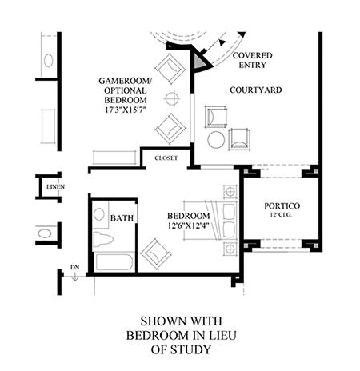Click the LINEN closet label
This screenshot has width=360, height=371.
tap(55, 187)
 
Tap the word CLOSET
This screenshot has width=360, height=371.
tap(166, 158)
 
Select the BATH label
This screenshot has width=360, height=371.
tap(122, 218)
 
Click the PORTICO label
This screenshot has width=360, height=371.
tap(282, 205)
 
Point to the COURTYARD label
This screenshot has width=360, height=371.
tap(256, 90)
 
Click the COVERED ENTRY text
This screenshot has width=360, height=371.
tap(252, 60)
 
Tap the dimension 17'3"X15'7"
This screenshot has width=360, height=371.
tap(126, 110)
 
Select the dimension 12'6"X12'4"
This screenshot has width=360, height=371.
tap(188, 225)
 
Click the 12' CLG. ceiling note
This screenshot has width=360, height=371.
tap(281, 214)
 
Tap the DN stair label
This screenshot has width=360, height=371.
tap(75, 267)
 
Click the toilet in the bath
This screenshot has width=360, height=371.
tap(102, 238)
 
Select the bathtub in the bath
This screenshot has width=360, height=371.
tap(114, 262)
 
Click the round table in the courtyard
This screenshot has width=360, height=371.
tap(216, 140)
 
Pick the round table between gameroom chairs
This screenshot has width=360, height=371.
tap(172, 98)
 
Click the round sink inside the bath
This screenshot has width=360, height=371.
tap(99, 214)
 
